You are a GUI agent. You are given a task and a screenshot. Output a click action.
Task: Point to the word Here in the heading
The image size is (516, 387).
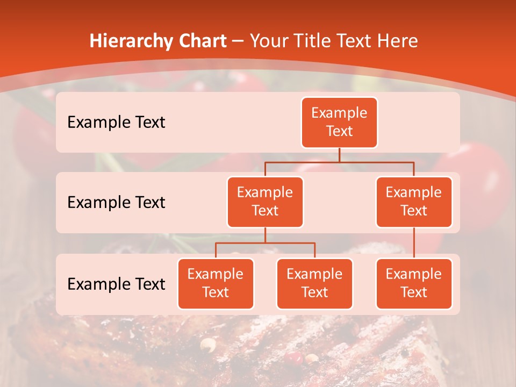click(397, 41)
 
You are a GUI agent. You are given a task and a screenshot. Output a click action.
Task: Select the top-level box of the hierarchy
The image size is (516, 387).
click(339, 122)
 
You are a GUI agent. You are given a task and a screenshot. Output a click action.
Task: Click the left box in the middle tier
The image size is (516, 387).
click(265, 202)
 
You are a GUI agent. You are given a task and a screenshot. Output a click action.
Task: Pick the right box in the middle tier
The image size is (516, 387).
click(414, 202)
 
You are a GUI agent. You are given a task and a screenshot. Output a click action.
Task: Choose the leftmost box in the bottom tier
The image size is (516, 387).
click(216, 283)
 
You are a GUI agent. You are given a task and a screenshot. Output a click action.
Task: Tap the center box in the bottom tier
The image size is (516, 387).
click(314, 283)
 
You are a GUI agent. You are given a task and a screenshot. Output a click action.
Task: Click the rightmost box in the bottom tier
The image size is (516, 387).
click(414, 283)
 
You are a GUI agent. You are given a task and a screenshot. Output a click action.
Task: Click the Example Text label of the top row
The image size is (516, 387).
click(116, 122)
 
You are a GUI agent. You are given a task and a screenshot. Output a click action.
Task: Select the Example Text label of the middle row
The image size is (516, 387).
click(116, 202)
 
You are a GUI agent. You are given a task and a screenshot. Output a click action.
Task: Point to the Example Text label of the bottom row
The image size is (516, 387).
click(116, 284)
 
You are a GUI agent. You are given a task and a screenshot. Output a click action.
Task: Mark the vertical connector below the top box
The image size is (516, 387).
click(339, 155)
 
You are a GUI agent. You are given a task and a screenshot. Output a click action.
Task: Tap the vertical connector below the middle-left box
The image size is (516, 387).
click(265, 235)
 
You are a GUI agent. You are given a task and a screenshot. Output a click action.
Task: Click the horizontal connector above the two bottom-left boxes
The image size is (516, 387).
click(265, 243)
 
